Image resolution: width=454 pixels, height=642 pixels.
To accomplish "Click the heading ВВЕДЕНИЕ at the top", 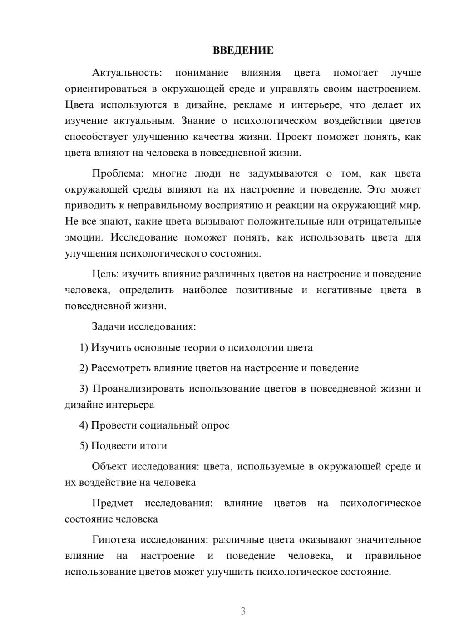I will coord(243,50).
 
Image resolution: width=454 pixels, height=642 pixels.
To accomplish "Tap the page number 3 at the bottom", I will coord(243,611).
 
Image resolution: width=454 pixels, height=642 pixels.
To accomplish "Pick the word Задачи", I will coord(109,326).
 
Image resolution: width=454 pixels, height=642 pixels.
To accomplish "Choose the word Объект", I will coord(109,466).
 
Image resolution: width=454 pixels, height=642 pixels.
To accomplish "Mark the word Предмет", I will coord(113,503).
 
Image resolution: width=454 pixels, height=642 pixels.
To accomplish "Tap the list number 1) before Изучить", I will coord(84,348).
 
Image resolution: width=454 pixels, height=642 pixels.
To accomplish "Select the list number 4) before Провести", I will coord(84,425).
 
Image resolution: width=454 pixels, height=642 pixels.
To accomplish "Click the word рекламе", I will coord(252,105).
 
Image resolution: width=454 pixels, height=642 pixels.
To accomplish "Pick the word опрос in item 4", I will coord(216,425).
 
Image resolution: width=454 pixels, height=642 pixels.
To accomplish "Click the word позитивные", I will coord(264,290).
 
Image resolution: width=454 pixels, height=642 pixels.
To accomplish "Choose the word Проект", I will coord(295,137).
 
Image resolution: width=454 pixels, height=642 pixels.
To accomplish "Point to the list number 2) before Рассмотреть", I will coord(84,368).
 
